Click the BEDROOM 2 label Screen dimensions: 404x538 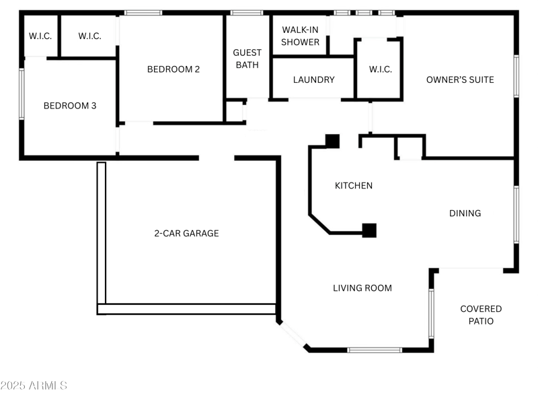pos(174,69)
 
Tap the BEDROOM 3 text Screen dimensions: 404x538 pos(70,106)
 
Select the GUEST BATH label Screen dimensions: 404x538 pos(247,59)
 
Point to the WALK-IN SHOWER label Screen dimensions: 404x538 pos(301,36)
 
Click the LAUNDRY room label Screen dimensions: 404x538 pos(313,79)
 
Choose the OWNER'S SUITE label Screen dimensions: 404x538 pos(460,79)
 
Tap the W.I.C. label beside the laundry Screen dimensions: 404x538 pos(380,69)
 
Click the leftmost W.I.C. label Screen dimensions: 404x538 pos(40,36)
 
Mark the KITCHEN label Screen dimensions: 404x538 pos(354,186)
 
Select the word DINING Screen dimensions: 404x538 pos(465,213)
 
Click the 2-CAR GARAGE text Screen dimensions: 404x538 pos(186,234)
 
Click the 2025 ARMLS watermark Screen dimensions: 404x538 pos(34,386)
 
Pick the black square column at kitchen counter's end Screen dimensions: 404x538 pos(369,230)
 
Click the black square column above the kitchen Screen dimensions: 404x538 pos(332,141)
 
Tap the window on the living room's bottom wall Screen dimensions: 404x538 pos(375,349)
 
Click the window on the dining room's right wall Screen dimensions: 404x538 pos(516,214)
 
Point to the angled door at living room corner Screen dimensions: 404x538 pos(293,335)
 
